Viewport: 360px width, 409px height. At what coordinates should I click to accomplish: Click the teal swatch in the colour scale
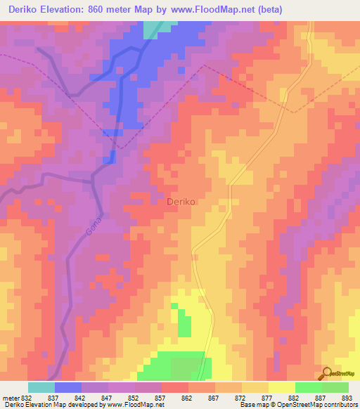click(x=41, y=387)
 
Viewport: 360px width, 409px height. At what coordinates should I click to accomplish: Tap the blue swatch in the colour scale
click(x=68, y=387)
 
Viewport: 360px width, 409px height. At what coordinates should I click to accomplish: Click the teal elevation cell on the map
click(x=152, y=29)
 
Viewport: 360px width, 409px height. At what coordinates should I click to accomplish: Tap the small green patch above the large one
click(x=184, y=325)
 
